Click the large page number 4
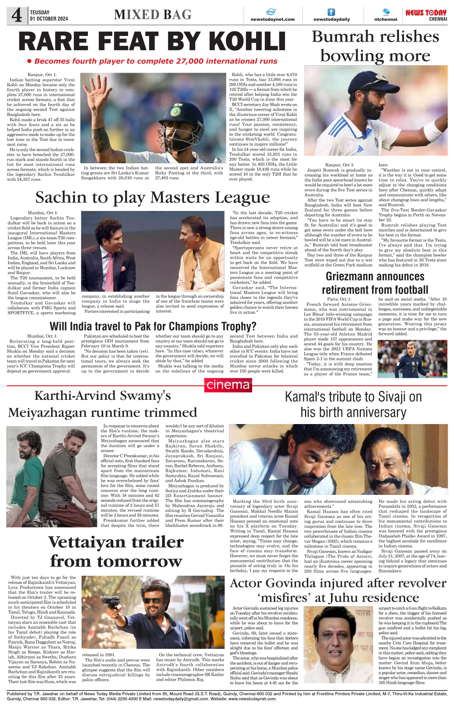point(17,16)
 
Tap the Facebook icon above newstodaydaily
point(331,12)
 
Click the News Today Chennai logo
point(426,15)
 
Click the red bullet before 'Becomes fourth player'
point(29,61)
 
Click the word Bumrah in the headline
point(343,37)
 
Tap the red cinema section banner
point(228,385)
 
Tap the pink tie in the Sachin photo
point(111,266)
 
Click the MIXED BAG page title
point(153,15)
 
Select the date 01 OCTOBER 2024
point(49,19)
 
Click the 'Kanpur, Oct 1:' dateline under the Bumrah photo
point(339,165)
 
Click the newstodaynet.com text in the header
point(272,19)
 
